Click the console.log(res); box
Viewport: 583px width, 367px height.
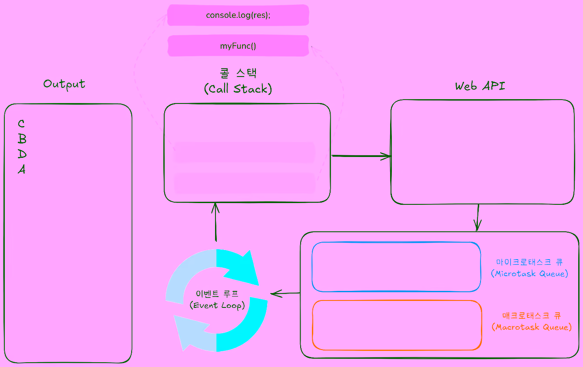(x=238, y=15)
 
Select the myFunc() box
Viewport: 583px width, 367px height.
(x=238, y=46)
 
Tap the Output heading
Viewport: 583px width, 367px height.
(x=64, y=84)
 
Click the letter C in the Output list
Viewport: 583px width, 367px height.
(x=21, y=124)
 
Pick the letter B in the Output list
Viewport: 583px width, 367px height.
(x=22, y=139)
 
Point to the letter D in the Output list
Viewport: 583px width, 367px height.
(x=22, y=154)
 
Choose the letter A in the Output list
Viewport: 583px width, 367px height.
(x=21, y=170)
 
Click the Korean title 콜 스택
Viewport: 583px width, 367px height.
(x=238, y=73)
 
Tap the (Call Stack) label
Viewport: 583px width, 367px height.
(x=238, y=89)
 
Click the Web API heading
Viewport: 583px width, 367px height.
(x=480, y=86)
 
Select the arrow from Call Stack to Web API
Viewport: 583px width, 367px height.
(x=361, y=156)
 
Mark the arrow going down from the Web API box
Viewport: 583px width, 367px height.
(x=478, y=217)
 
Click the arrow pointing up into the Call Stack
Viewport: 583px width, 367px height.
(x=215, y=222)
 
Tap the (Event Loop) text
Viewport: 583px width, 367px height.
(x=217, y=305)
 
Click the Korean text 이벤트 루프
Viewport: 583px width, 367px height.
(x=217, y=293)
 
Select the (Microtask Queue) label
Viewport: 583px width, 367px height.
(x=530, y=274)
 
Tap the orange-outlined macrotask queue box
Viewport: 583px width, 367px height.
(x=397, y=325)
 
